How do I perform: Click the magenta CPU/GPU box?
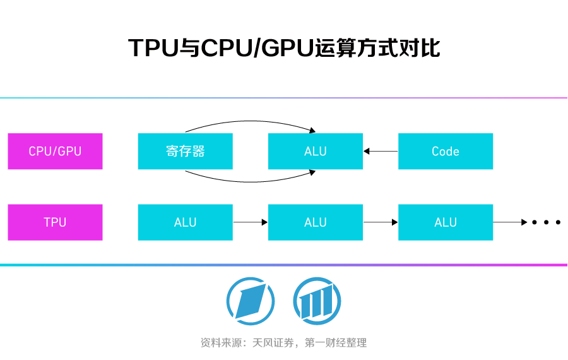click(55, 152)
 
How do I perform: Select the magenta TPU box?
click(55, 222)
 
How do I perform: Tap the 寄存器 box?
click(185, 152)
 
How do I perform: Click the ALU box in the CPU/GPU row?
click(315, 152)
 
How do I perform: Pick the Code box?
click(445, 152)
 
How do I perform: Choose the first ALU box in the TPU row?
click(185, 222)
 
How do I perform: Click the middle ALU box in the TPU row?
click(315, 222)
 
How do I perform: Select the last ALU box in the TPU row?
click(445, 222)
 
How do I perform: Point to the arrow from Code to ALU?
click(381, 152)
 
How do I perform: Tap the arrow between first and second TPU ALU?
click(251, 222)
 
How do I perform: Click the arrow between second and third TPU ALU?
click(381, 222)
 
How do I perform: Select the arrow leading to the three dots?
click(510, 222)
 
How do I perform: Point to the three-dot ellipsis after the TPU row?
click(546, 222)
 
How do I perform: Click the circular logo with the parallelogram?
click(251, 301)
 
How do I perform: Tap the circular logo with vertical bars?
click(317, 301)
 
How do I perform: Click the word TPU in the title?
click(152, 48)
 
